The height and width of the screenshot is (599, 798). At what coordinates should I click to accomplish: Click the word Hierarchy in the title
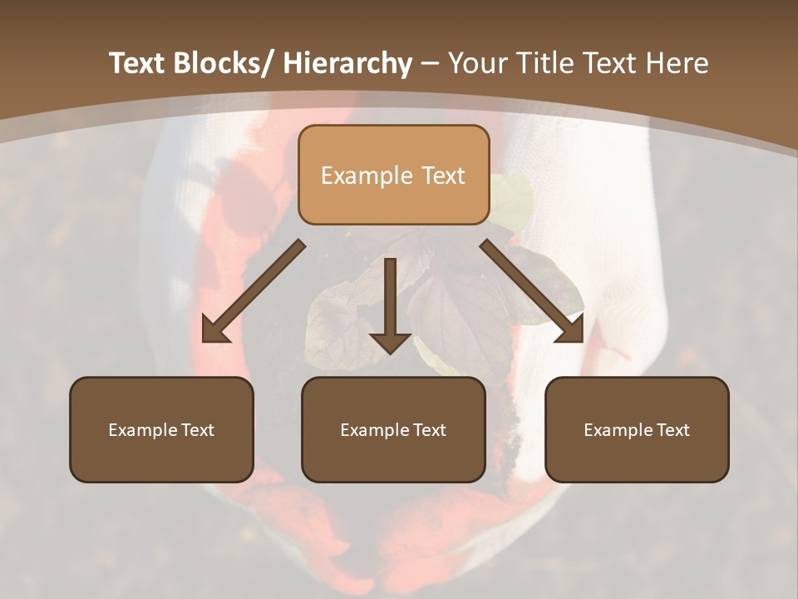(347, 64)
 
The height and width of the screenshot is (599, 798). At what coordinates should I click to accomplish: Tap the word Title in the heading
(542, 64)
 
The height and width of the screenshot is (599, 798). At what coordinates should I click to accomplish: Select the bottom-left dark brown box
(161, 458)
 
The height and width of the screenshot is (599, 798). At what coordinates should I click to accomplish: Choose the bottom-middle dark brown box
(393, 458)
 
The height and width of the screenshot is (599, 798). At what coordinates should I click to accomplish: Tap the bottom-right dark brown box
(637, 458)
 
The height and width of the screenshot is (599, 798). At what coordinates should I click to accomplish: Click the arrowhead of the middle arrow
(390, 342)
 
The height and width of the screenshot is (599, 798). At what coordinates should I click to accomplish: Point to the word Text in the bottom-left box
(196, 430)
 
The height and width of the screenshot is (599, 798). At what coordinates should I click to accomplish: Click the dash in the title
(430, 65)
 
